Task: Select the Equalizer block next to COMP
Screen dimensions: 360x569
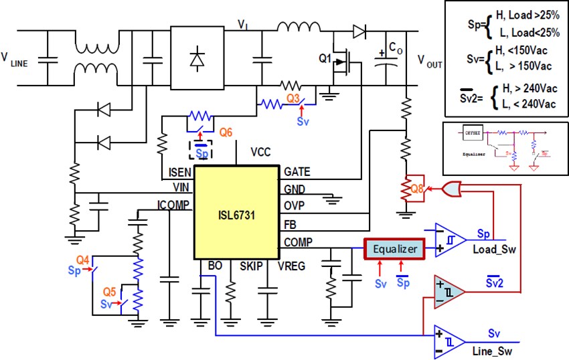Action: click(394, 248)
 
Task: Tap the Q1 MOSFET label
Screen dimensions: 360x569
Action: click(325, 59)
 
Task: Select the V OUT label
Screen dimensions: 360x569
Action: click(430, 64)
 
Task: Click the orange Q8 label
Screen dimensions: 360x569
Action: click(417, 189)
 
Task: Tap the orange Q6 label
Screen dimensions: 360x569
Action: click(225, 132)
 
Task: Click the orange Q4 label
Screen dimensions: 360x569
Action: click(82, 260)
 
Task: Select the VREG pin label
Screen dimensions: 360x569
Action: click(291, 266)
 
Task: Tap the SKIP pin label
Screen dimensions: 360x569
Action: click(253, 266)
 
